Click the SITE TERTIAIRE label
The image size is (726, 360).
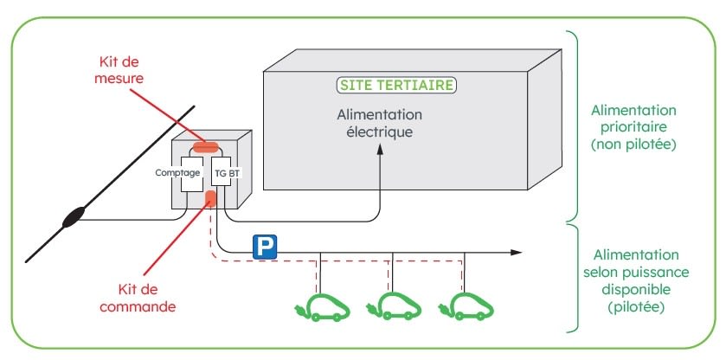coord(395,86)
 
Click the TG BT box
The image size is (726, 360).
coord(222,173)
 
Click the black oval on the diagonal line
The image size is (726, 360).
coord(73,216)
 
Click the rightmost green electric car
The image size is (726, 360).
coord(468,307)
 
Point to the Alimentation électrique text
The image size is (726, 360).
coord(380,124)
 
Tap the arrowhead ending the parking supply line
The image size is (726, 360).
coord(517,252)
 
